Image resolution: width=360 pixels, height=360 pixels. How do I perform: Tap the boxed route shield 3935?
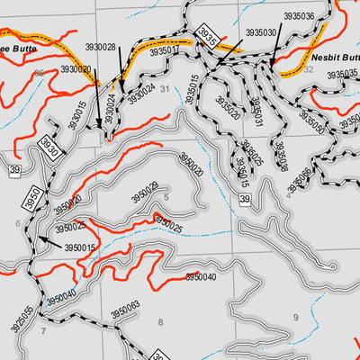(207, 37)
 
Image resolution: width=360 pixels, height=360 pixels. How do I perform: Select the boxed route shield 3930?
(50, 148)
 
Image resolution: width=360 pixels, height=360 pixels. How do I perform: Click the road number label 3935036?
(298, 16)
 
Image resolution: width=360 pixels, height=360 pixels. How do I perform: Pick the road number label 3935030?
(261, 31)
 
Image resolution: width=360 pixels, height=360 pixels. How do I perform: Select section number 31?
(165, 88)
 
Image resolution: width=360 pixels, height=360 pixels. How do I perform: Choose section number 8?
(161, 321)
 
